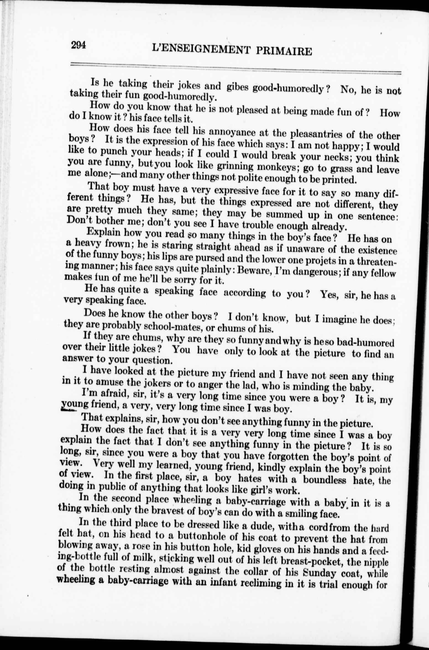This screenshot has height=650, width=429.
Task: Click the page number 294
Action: click(x=79, y=45)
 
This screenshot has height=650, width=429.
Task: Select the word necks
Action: click(x=338, y=157)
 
